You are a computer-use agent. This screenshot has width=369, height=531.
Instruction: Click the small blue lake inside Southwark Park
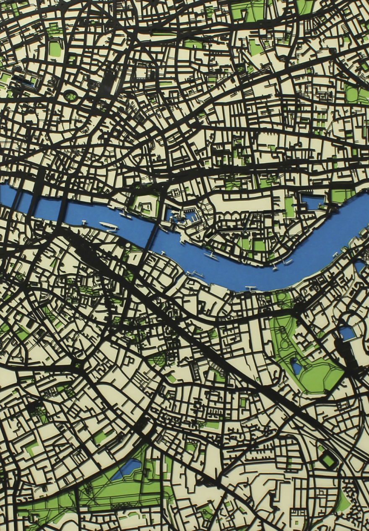[296, 367]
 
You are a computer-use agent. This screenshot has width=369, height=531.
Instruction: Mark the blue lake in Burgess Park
[128, 467]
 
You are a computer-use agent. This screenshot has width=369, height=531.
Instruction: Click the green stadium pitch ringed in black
[328, 461]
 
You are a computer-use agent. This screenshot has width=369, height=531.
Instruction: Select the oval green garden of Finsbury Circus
[70, 96]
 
